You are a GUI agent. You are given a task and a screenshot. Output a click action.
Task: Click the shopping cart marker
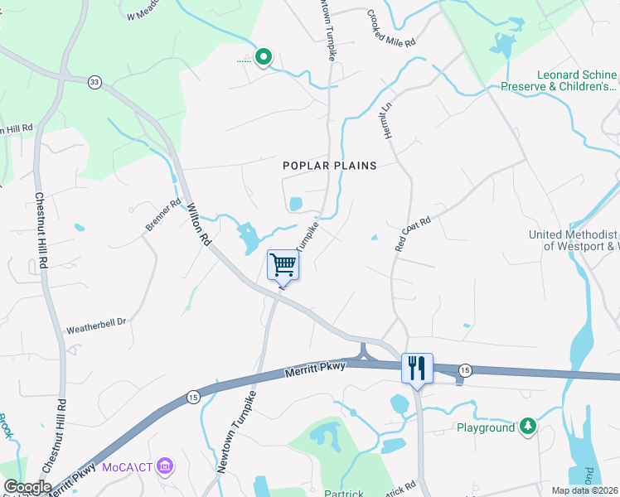pyautogui.click(x=283, y=265)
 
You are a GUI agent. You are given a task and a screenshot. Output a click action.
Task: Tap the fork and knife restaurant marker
pyautogui.click(x=416, y=367)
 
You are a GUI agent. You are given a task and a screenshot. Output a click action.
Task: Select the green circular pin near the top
pyautogui.click(x=264, y=57)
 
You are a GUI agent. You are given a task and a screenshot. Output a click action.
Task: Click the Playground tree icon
pyautogui.click(x=526, y=427)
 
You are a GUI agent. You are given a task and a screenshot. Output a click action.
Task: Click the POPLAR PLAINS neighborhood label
pyautogui.click(x=329, y=166)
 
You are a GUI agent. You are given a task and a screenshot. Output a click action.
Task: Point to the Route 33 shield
pyautogui.click(x=94, y=80)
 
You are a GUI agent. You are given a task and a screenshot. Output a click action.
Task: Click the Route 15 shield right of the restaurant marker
pyautogui.click(x=466, y=369)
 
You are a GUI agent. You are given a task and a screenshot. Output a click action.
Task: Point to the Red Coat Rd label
pyautogui.click(x=414, y=234)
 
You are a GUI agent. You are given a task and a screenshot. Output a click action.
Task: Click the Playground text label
pyautogui.click(x=486, y=428)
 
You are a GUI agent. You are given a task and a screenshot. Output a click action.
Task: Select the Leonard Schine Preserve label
pyautogui.click(x=559, y=80)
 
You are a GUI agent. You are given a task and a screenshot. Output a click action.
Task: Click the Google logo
pyautogui.click(x=27, y=487)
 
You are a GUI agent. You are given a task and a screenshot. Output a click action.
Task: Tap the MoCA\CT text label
pyautogui.click(x=127, y=467)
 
